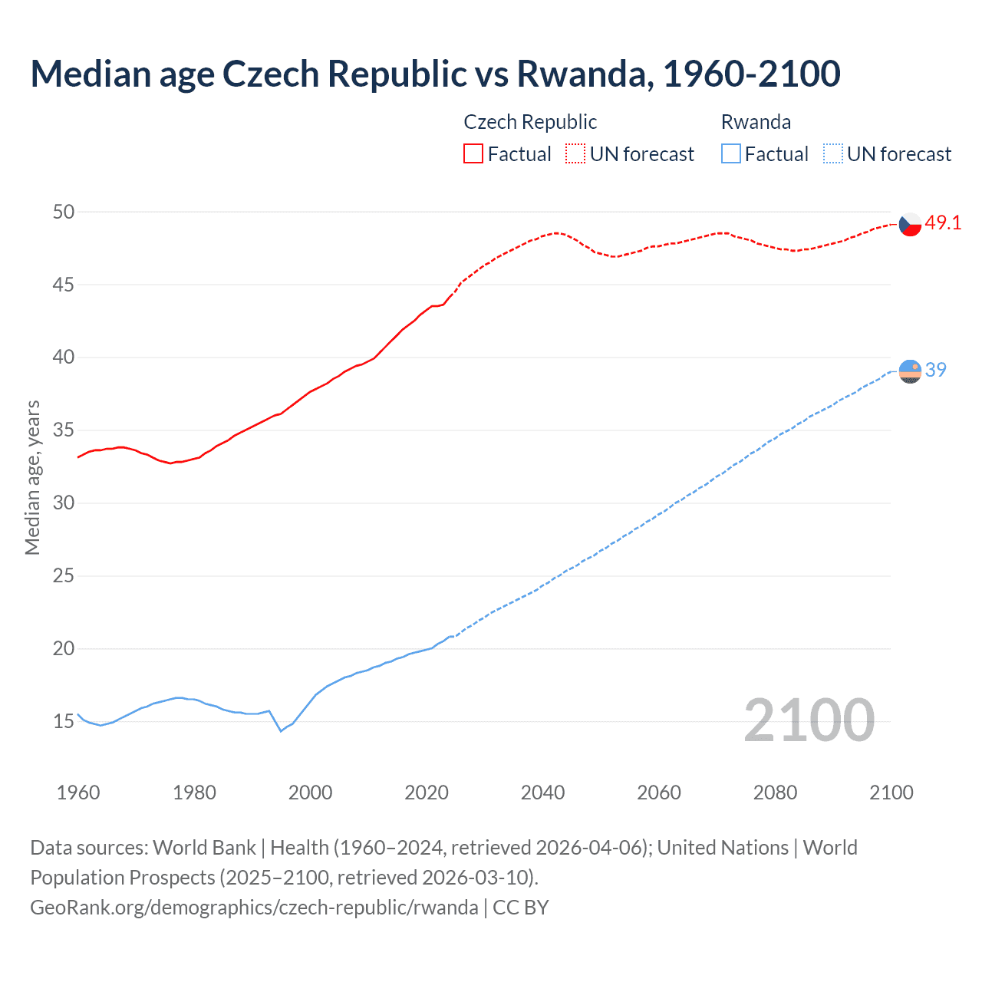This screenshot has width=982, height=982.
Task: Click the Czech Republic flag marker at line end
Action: [910, 224]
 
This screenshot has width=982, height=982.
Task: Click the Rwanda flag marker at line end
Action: [910, 371]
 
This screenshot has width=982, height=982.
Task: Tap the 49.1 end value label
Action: [943, 223]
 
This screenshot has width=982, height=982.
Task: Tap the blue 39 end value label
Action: [936, 370]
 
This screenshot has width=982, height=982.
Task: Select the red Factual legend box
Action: [473, 153]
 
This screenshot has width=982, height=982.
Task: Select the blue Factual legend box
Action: [731, 153]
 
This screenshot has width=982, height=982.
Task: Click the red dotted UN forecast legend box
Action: [575, 153]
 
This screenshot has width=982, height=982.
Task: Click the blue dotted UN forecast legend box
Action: [832, 153]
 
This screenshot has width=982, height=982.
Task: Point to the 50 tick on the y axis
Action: [64, 212]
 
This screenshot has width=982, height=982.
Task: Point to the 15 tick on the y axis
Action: [64, 721]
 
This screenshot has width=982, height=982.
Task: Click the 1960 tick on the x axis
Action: [78, 793]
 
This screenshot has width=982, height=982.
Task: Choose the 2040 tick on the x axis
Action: [542, 793]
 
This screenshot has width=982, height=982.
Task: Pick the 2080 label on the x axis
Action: [775, 793]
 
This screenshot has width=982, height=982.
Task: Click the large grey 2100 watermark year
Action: [809, 720]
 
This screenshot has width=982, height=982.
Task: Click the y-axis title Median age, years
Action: [32, 477]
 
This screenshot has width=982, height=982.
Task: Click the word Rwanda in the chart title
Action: [585, 74]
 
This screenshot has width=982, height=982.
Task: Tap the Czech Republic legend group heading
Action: [530, 122]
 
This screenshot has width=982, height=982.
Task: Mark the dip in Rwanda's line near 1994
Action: [281, 730]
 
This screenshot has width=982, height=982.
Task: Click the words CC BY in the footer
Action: [521, 908]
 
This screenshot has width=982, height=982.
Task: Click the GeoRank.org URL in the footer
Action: [254, 908]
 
